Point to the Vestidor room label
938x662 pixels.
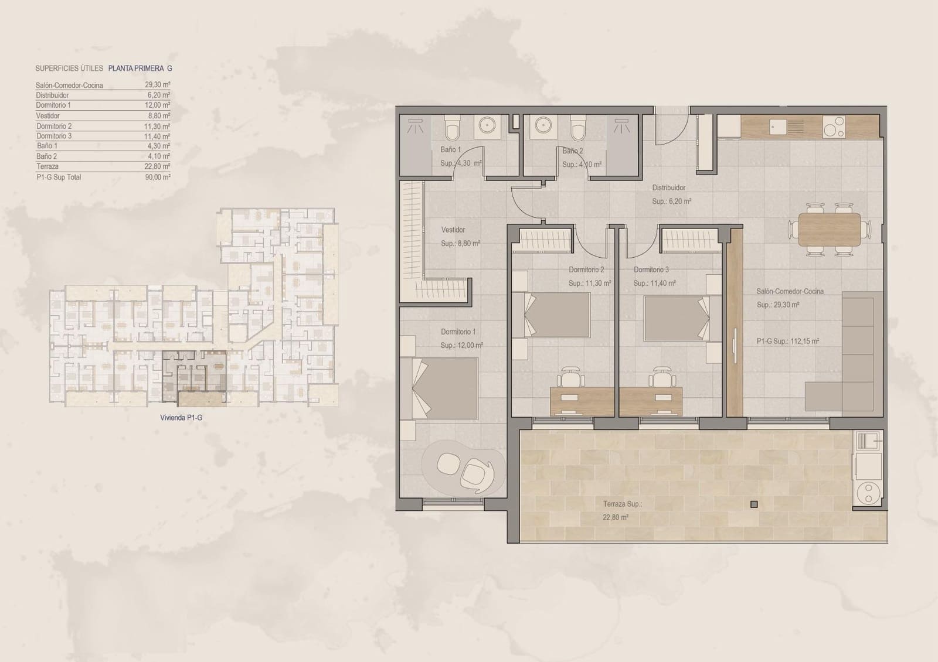[x=453, y=230]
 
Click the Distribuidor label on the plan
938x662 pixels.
[x=669, y=188]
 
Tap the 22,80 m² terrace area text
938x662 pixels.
[x=616, y=518]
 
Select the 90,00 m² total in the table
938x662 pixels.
[x=158, y=177]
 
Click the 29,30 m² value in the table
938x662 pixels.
[x=158, y=85]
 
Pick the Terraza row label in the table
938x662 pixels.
[x=47, y=166]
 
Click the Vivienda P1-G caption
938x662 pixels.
[x=181, y=418]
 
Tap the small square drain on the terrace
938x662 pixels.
[x=754, y=504]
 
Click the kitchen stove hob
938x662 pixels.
[x=834, y=127]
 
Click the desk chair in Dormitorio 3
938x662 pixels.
[x=662, y=376]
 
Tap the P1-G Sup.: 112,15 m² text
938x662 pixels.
[x=787, y=342]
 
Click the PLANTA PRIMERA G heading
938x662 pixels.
[x=140, y=69]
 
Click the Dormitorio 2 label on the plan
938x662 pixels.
[x=586, y=270]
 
